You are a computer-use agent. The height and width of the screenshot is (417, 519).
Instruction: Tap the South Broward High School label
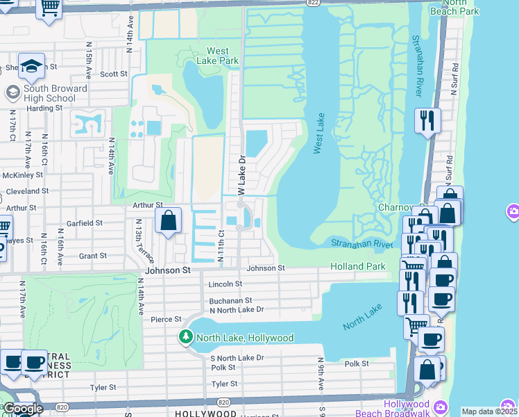(55, 93)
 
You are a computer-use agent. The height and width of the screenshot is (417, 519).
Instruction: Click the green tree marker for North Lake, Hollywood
(185, 338)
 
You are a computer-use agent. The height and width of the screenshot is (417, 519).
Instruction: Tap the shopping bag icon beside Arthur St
(169, 222)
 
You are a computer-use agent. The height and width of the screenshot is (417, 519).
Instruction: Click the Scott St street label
(114, 74)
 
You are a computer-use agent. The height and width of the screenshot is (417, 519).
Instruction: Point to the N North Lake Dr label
(237, 309)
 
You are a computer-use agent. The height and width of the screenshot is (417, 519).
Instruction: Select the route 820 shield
(223, 402)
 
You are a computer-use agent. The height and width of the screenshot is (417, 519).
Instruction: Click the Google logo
(23, 409)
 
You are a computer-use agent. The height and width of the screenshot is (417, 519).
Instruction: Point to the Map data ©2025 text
(489, 411)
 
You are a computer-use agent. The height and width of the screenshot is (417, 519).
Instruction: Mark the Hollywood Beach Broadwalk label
(406, 408)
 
